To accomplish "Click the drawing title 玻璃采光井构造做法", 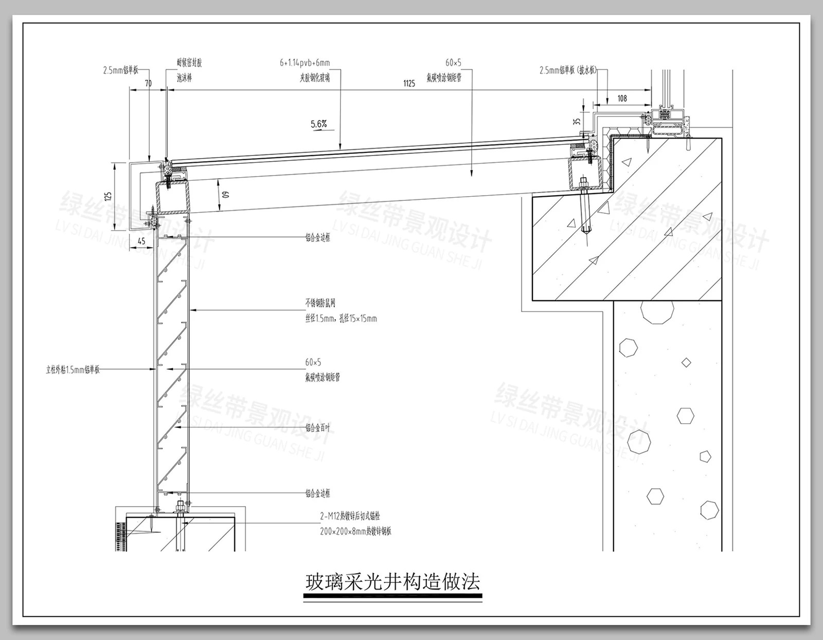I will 393,582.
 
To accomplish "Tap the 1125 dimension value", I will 409,83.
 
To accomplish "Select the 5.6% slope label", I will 319,124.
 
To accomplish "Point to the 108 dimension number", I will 622,98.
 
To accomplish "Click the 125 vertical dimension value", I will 108,196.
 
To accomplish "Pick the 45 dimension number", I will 141,241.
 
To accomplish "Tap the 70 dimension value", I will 148,83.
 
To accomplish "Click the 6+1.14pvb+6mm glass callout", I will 305,63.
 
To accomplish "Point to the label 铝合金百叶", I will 318,428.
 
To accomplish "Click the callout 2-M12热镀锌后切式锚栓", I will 350,516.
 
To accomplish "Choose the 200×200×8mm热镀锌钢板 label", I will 355,531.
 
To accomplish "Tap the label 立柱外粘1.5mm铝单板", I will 73,370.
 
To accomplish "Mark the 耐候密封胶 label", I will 189,63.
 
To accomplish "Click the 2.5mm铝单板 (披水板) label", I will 568,70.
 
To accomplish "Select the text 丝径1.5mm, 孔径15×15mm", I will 341,319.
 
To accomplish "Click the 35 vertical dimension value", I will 577,122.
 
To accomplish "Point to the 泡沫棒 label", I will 184,78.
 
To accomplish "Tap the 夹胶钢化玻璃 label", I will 315,78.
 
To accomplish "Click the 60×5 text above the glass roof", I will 453,63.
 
